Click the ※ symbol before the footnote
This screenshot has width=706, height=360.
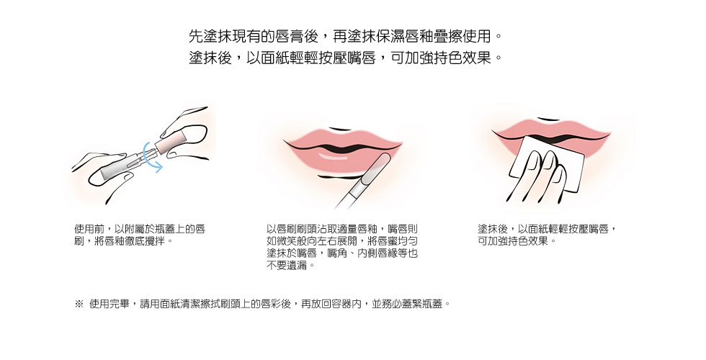pos(79,304)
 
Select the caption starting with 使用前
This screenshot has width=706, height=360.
pos(140,235)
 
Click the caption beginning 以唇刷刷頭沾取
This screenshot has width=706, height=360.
pos(342,247)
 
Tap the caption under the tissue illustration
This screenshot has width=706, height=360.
pos(547,235)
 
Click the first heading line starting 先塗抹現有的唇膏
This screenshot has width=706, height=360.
pos(345,35)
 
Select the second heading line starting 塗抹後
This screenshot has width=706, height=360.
pos(345,58)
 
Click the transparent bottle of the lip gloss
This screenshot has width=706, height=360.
pos(124,164)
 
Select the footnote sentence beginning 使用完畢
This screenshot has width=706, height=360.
pos(269,304)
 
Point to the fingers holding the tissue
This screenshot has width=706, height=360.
pos(537,176)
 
